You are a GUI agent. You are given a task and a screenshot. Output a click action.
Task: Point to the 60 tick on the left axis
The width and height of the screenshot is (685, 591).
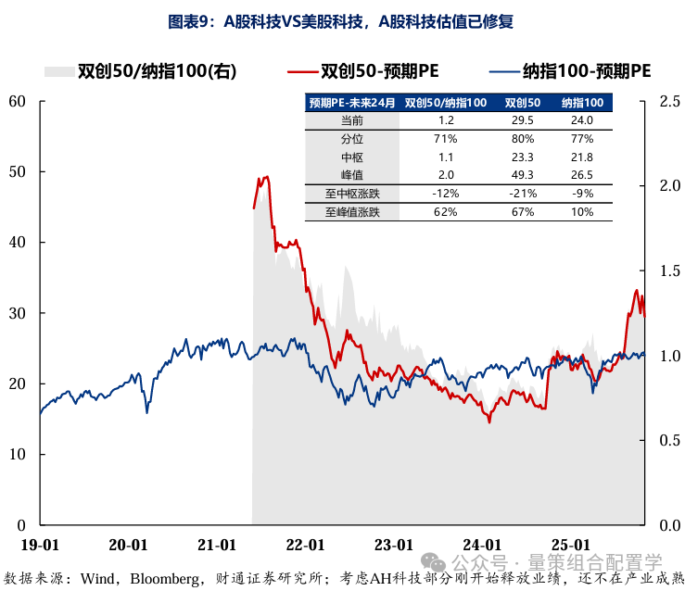[x=16, y=101]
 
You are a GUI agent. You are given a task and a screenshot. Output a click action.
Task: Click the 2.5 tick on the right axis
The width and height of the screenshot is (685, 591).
[x=669, y=101]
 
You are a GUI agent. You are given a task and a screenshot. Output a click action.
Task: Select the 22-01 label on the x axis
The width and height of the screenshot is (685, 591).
[x=306, y=544]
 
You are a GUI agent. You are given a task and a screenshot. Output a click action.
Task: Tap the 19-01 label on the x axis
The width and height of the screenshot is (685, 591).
[x=40, y=544]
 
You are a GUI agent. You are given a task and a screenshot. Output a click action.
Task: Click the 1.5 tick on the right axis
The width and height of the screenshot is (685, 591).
[x=669, y=270]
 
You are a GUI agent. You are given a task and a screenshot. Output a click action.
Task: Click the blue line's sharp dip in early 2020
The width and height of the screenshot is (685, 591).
[x=146, y=411]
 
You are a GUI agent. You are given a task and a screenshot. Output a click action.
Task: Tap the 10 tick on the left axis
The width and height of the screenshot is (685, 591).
[x=16, y=455]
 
